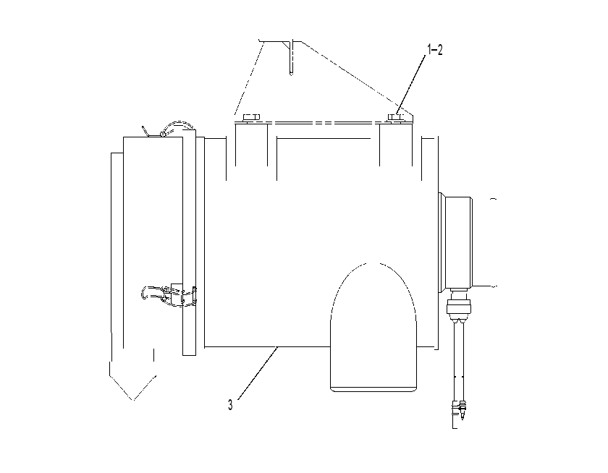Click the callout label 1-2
pyautogui.click(x=435, y=50)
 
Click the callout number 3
pyautogui.click(x=230, y=405)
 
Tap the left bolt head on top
pyautogui.click(x=251, y=117)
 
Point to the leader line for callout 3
pyautogui.click(x=258, y=372)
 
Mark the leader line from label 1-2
pyautogui.click(x=411, y=84)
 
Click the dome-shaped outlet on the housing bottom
pyautogui.click(x=373, y=328)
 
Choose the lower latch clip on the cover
pyautogui.click(x=169, y=293)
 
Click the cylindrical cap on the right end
pyautogui.click(x=456, y=242)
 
